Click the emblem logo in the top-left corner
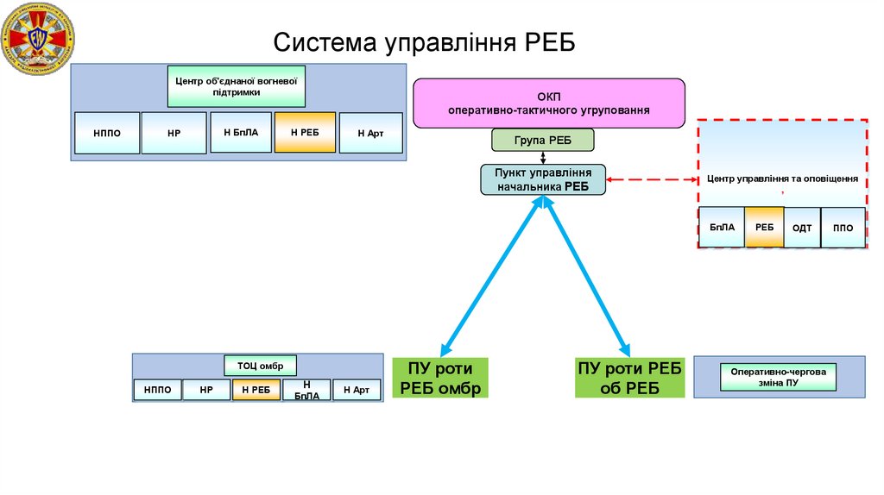[38, 37]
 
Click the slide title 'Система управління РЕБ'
[423, 43]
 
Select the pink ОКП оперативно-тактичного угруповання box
[548, 103]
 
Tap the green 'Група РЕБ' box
[542, 140]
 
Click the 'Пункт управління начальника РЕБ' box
[543, 179]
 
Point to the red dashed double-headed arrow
[652, 180]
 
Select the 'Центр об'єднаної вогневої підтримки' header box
[236, 86]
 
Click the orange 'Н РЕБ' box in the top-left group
[305, 133]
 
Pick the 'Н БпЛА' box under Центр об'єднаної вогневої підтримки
[241, 132]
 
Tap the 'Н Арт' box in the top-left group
[370, 134]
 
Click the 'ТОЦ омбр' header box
[260, 365]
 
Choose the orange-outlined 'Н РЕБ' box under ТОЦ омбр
[256, 390]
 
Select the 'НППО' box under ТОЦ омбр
[157, 390]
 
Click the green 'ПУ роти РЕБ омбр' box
[440, 378]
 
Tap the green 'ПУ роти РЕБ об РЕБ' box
[629, 378]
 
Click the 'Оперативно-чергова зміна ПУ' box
[778, 377]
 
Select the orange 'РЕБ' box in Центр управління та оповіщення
[764, 228]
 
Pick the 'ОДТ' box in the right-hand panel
[802, 228]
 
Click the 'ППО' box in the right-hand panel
[843, 228]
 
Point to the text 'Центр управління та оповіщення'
[781, 179]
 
